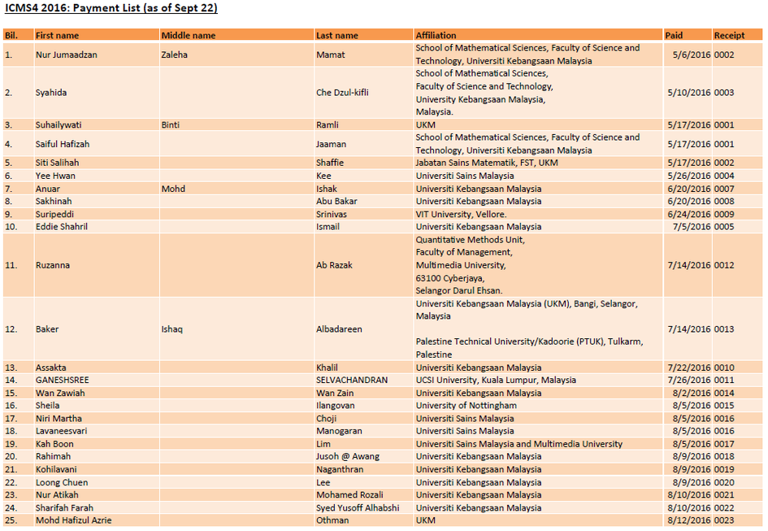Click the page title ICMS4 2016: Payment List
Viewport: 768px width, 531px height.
[x=111, y=9]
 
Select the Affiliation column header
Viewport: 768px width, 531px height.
[x=436, y=35]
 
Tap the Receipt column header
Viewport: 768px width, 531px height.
[x=729, y=35]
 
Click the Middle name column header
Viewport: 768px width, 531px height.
[x=189, y=35]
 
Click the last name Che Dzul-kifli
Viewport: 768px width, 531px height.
[x=342, y=93]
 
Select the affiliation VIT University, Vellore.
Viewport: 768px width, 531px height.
[x=461, y=214]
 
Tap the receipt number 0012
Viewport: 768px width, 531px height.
[x=724, y=265]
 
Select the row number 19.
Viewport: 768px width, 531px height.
[x=11, y=444]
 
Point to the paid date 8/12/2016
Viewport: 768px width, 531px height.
[x=689, y=520]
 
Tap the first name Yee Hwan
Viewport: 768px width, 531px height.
[x=55, y=176]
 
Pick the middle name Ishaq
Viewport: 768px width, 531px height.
[x=172, y=329]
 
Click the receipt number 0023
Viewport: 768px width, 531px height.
[x=724, y=520]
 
